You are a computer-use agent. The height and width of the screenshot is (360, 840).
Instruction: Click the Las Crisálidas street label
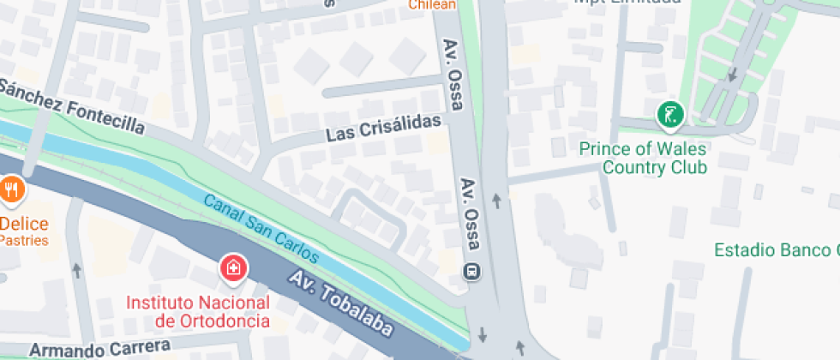tap(388, 129)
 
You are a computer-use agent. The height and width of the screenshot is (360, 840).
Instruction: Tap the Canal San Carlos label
tap(261, 229)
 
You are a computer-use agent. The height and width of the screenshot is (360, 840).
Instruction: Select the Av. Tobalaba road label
tap(341, 304)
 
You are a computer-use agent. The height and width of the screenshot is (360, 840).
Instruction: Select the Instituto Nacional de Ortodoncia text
tap(198, 312)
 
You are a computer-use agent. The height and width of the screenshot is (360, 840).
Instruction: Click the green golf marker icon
tap(669, 114)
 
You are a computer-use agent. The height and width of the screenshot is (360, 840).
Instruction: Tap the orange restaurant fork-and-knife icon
tap(11, 189)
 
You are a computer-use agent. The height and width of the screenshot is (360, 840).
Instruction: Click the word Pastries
tap(22, 240)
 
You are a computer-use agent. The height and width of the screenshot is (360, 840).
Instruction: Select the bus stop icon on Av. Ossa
tap(471, 272)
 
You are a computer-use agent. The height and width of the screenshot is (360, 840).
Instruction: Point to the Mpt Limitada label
tap(627, 3)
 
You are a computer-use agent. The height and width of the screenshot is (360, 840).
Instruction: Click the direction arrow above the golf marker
tap(731, 75)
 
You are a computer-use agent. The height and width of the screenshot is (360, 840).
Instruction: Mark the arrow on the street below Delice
tap(77, 271)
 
